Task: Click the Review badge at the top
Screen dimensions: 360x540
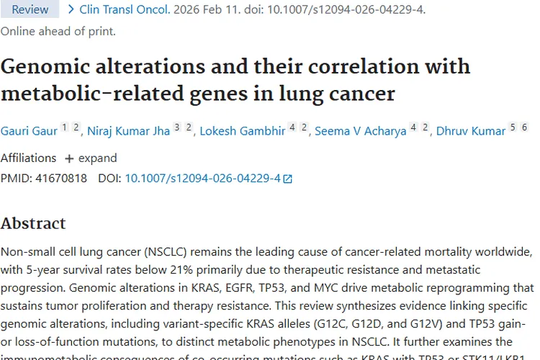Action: pos(30,9)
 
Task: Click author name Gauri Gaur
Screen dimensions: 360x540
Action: pos(28,131)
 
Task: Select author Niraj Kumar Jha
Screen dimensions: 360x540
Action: pos(129,131)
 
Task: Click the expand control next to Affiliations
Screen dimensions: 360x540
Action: pos(90,158)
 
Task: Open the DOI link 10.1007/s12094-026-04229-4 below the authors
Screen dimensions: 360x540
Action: pos(202,178)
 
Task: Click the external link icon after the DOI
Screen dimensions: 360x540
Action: pos(288,179)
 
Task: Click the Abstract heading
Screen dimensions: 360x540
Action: pos(33,223)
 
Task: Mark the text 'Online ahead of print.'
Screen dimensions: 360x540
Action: pos(58,31)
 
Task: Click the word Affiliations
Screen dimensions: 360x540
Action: pos(28,158)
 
